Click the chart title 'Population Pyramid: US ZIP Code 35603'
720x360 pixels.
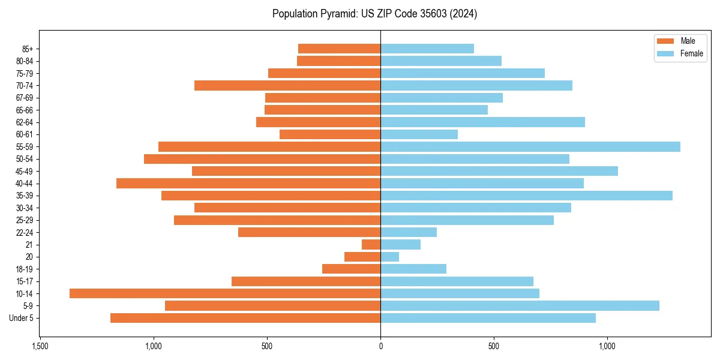click(374, 14)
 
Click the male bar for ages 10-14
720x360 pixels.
click(225, 293)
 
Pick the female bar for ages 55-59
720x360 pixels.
click(530, 146)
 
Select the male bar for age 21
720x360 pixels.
click(371, 244)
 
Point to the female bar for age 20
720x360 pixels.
click(390, 257)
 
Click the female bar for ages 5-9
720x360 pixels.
click(520, 305)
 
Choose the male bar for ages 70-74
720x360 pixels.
click(287, 85)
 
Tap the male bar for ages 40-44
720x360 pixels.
click(248, 183)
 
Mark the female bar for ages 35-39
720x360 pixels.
click(526, 196)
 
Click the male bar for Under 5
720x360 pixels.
click(245, 318)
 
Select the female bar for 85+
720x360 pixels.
click(427, 49)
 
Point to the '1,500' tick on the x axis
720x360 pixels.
click(40, 346)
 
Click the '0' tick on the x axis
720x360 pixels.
click(380, 346)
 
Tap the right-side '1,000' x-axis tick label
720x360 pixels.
click(607, 346)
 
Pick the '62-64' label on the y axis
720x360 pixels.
click(25, 122)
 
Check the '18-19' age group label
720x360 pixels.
click(25, 269)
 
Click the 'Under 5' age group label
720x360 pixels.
click(22, 318)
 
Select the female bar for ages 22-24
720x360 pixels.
click(409, 232)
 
